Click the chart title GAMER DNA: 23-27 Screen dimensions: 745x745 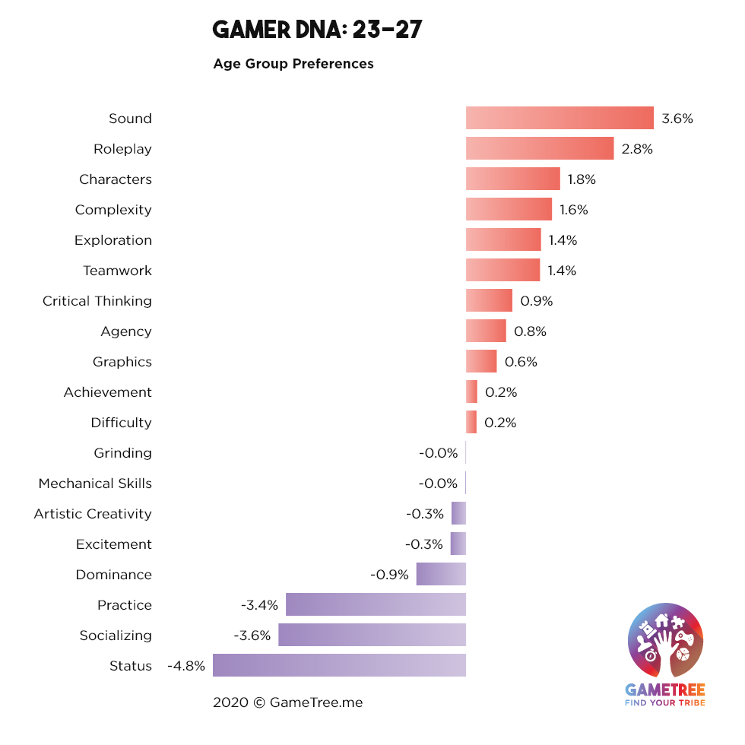pos(317,30)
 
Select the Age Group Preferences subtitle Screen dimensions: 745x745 pos(293,64)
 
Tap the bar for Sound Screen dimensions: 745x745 pos(560,118)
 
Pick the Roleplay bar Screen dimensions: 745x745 pos(540,148)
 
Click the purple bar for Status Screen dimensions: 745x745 pos(339,665)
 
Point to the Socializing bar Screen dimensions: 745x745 pos(372,635)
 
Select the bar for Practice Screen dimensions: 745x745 pos(376,604)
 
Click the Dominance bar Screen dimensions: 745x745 pos(441,574)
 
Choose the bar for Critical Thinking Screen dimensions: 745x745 pos(489,300)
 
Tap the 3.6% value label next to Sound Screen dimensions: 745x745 pos(677,119)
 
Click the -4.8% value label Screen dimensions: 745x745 pos(186,666)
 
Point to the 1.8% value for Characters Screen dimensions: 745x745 pos(582,179)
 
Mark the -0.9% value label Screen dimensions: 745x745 pos(389,575)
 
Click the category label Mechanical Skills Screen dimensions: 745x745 pos(95,483)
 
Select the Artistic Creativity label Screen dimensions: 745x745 pos(93,514)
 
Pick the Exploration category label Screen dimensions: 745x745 pos(113,240)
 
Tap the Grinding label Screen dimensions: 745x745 pos(122,453)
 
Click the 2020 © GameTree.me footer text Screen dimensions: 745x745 pos(287,702)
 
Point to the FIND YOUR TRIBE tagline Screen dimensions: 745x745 pos(664,702)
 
